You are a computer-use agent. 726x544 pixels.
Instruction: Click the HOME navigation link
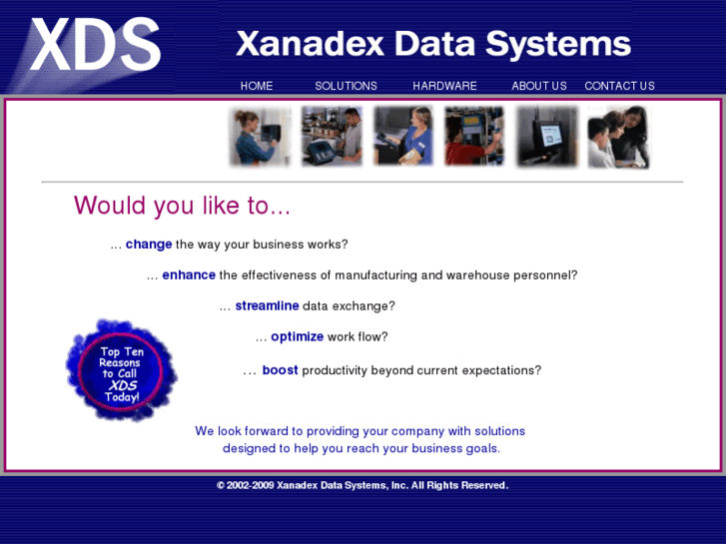(257, 86)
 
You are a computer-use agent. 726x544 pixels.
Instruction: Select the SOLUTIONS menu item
(346, 86)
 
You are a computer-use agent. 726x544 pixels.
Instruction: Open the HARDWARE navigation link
(444, 86)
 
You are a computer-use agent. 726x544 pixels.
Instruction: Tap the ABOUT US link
(539, 86)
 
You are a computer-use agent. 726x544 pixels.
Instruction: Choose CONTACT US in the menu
(619, 86)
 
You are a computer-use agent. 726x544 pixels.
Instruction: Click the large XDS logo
(96, 45)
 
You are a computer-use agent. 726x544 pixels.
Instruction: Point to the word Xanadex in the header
(311, 44)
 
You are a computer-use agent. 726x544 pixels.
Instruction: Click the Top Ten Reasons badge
(121, 370)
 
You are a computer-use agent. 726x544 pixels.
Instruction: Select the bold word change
(149, 244)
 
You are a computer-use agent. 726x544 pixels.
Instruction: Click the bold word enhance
(189, 275)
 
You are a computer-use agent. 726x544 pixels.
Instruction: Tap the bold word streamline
(268, 306)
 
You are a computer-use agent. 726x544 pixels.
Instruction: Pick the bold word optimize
(298, 336)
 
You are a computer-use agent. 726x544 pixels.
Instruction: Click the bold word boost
(281, 370)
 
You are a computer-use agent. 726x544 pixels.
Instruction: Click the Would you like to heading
(182, 205)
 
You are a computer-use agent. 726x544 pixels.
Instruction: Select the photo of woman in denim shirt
(261, 136)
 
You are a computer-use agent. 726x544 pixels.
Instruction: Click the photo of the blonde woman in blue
(403, 136)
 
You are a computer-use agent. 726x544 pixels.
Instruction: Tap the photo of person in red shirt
(474, 136)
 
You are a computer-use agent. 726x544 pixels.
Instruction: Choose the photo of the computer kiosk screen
(547, 136)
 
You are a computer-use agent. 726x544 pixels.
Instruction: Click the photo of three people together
(618, 137)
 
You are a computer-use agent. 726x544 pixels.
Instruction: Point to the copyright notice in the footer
(363, 485)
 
